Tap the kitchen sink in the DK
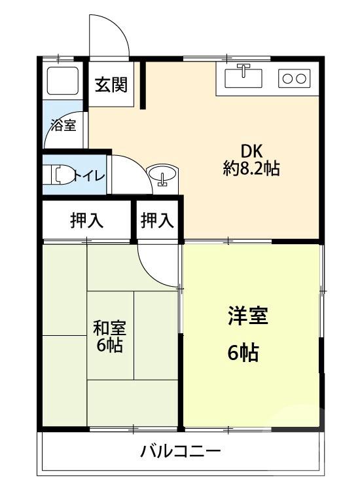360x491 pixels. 243,79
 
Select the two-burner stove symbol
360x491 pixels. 293,79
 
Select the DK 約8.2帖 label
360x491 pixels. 251,159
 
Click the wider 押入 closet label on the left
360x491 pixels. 87,221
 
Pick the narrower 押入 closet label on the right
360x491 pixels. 158,221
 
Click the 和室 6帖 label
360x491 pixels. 109,335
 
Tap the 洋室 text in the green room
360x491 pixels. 247,317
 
